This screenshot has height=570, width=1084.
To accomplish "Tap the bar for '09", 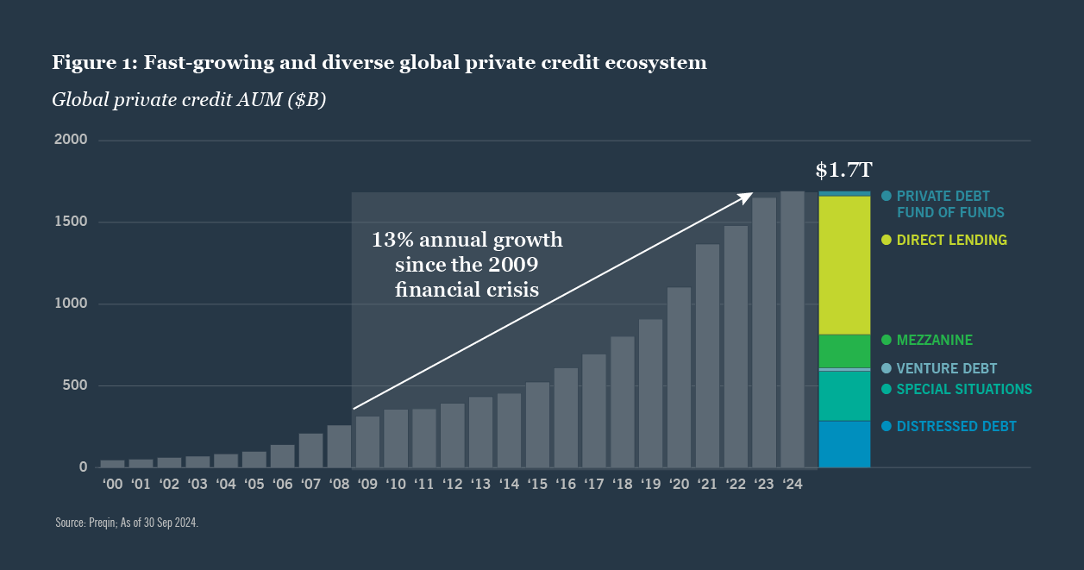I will [367, 442].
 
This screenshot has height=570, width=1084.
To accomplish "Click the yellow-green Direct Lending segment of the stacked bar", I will [843, 265].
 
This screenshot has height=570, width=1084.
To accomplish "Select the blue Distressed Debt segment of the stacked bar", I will [843, 444].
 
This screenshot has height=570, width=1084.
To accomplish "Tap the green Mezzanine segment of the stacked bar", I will [843, 350].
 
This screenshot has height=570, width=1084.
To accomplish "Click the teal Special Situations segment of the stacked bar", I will [843, 396].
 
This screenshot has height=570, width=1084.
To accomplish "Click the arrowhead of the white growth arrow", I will [749, 196].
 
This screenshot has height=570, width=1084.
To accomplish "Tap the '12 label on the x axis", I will [453, 485].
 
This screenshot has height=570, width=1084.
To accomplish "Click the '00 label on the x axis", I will [113, 485].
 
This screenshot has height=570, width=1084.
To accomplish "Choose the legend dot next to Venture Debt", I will [887, 368].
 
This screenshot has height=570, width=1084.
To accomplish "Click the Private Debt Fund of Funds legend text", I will [949, 204].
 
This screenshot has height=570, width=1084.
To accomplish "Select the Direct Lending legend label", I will [951, 241].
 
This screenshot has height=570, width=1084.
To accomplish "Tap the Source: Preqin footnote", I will [127, 523].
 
